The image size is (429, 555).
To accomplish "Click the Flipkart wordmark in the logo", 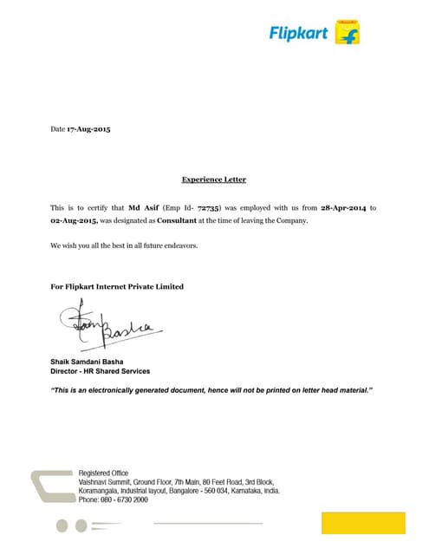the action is tap(300, 33).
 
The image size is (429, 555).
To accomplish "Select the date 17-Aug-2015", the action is tap(89, 129).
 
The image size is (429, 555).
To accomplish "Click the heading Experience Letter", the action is tap(214, 180).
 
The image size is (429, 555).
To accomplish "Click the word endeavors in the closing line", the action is tap(180, 246).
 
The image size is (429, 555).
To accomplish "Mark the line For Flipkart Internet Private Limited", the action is tap(117, 286).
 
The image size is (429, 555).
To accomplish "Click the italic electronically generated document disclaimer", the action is tap(211, 391).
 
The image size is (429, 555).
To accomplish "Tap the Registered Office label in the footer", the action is tap(103, 473).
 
